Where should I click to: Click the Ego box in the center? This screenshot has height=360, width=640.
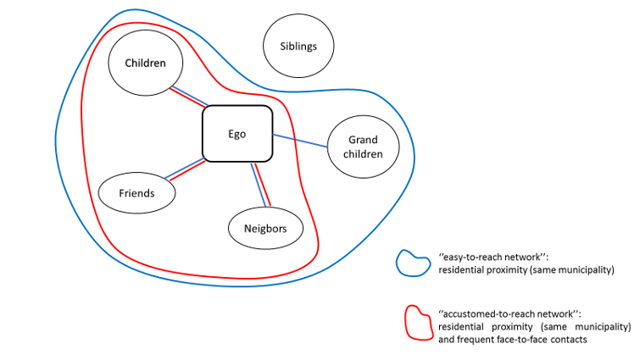click(x=237, y=134)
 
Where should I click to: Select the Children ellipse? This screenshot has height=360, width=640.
click(x=145, y=64)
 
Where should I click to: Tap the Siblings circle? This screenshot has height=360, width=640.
click(x=298, y=47)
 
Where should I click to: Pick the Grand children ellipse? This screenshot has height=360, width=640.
click(x=363, y=147)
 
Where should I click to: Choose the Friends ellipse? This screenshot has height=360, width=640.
click(x=137, y=193)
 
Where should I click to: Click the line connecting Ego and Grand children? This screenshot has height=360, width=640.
click(x=301, y=141)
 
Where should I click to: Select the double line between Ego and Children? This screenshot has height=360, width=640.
click(x=189, y=97)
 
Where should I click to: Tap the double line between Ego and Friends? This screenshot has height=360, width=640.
click(x=186, y=170)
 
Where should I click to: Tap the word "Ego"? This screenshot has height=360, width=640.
click(x=237, y=134)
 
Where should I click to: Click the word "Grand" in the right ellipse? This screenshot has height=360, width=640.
click(x=363, y=140)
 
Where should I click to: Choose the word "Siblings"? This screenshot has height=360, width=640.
click(x=298, y=47)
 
